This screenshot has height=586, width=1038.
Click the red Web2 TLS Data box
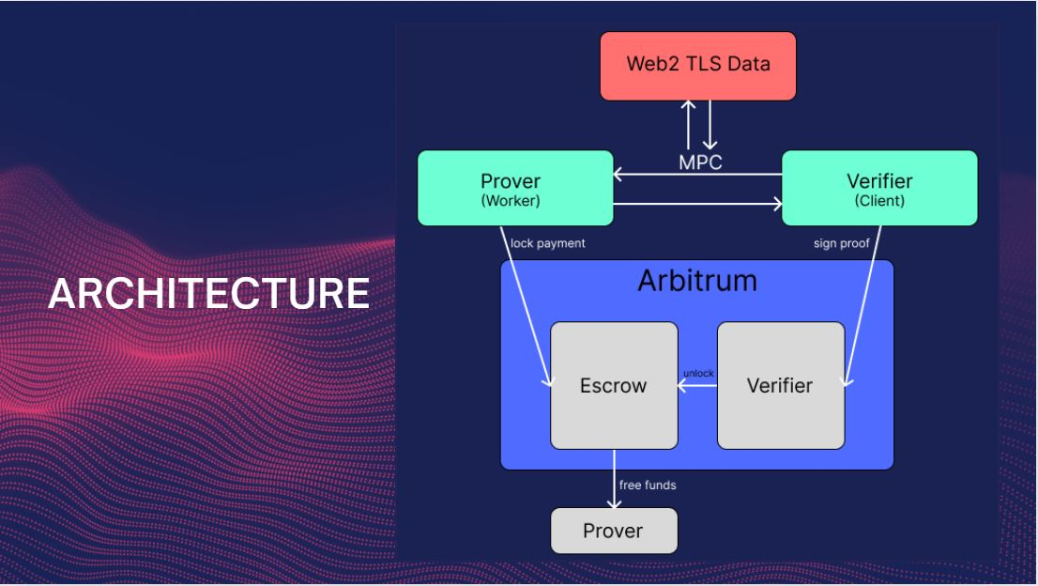[x=698, y=66]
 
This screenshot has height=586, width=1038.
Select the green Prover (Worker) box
[x=514, y=188]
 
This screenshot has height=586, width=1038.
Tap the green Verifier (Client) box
[x=879, y=188]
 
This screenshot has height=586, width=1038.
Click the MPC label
[x=701, y=162]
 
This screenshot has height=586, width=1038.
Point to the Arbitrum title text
[x=697, y=281]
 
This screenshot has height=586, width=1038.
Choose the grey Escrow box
[x=614, y=385]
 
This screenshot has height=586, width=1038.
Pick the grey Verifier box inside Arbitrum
[x=780, y=385]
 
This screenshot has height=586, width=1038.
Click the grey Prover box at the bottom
[x=613, y=531]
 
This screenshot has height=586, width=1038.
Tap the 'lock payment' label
[x=548, y=243]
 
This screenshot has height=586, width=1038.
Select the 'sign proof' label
[x=842, y=243]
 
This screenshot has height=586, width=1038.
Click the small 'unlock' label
[x=698, y=373]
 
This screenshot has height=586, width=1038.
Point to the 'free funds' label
[x=648, y=486]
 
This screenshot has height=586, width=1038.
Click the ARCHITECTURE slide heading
[x=208, y=293]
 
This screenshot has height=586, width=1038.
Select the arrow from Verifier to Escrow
[x=697, y=385]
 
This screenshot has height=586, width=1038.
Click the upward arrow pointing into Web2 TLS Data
[x=689, y=125]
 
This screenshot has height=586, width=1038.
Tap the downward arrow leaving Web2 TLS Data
[x=710, y=125]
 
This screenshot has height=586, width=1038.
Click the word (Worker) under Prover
[x=511, y=201]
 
